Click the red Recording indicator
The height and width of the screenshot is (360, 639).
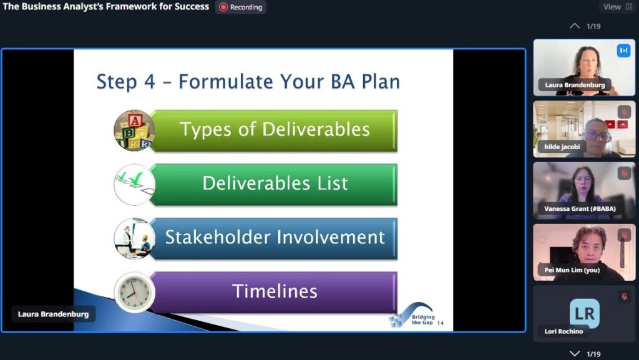click(240, 7)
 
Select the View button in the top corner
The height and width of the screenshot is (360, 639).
click(618, 7)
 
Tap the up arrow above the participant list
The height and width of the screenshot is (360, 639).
click(575, 26)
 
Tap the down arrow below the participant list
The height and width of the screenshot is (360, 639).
click(575, 354)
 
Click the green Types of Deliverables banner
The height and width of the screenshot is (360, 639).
click(274, 130)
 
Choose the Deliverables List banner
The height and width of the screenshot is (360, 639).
click(274, 184)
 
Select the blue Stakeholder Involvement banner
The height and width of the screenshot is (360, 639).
click(274, 238)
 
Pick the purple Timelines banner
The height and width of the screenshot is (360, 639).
click(274, 292)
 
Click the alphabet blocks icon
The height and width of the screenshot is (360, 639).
click(134, 130)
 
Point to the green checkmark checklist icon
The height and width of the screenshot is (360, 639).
click(134, 184)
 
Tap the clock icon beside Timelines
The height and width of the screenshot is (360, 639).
click(134, 292)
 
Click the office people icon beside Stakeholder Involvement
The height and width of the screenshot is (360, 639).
click(134, 238)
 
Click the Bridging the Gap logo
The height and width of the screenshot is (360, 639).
click(412, 315)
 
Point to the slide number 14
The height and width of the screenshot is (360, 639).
click(440, 323)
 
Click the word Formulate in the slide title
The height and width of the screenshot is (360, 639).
click(226, 82)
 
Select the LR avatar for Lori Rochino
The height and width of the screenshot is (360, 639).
click(585, 313)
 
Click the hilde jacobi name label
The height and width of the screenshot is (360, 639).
click(562, 147)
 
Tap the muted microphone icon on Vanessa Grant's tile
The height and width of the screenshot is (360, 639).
click(624, 173)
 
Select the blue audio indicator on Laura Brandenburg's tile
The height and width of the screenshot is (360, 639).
click(623, 51)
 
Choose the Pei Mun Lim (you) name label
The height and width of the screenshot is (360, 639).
click(572, 270)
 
